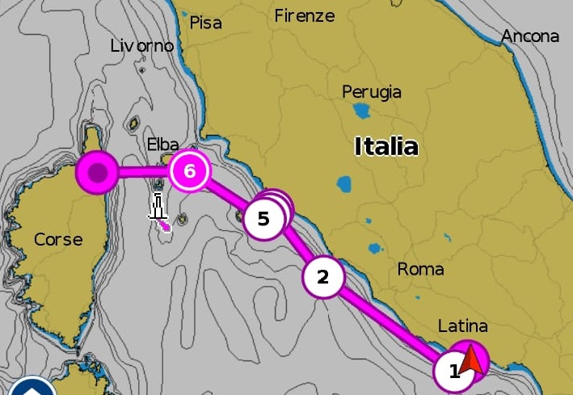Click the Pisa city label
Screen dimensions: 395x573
tap(205, 23)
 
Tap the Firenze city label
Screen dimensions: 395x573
tap(304, 15)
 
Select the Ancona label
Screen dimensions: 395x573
tap(529, 36)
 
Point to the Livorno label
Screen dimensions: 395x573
tap(141, 46)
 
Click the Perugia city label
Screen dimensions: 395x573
tap(371, 91)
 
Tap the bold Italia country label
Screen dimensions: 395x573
tap(386, 146)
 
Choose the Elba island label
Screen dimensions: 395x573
tap(162, 145)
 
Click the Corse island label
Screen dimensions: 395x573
tap(58, 239)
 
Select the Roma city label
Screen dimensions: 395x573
tap(420, 269)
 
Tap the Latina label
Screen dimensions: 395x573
tap(462, 326)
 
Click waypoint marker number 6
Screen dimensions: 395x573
tap(190, 171)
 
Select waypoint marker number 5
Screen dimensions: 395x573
tap(263, 219)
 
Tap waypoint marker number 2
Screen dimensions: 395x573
tap(323, 277)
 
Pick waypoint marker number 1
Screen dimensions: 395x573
tap(453, 372)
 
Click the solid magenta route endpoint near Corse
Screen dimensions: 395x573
tap(97, 172)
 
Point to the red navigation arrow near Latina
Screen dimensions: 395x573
tap(472, 361)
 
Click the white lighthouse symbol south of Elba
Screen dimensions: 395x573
tap(158, 207)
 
